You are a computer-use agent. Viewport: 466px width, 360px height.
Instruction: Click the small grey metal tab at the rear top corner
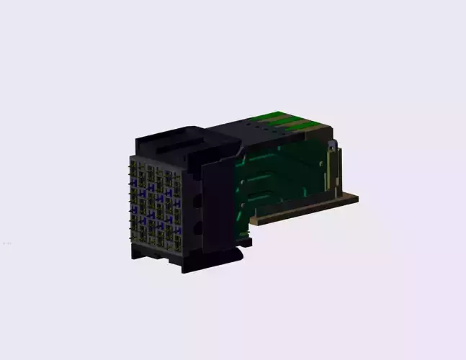(x=332, y=146)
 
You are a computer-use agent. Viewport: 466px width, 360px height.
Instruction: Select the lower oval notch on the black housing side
(x=197, y=229)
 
